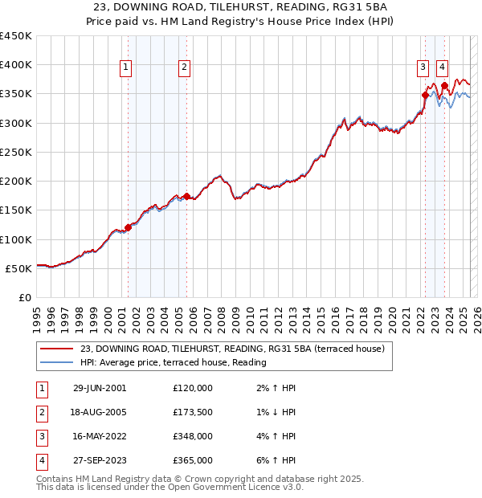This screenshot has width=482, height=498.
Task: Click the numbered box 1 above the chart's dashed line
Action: pos(127,68)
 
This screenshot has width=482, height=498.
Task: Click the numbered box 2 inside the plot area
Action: pos(185,68)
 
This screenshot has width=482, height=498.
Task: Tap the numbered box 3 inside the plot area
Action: pos(423,68)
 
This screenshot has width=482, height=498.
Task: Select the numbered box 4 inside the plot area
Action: pos(443,68)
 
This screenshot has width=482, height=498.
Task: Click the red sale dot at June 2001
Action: pos(128,227)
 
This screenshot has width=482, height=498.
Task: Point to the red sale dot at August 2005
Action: pos(186,196)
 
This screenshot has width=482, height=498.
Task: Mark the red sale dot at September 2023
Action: pos(444,84)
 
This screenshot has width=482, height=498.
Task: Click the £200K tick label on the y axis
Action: pos(16,182)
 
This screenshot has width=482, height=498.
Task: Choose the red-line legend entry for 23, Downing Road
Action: pos(233,349)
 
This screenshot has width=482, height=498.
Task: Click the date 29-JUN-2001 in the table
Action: pos(100,388)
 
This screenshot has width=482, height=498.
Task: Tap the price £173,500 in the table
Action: pos(193,412)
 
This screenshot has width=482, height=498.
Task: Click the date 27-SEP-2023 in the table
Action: pos(100,460)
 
